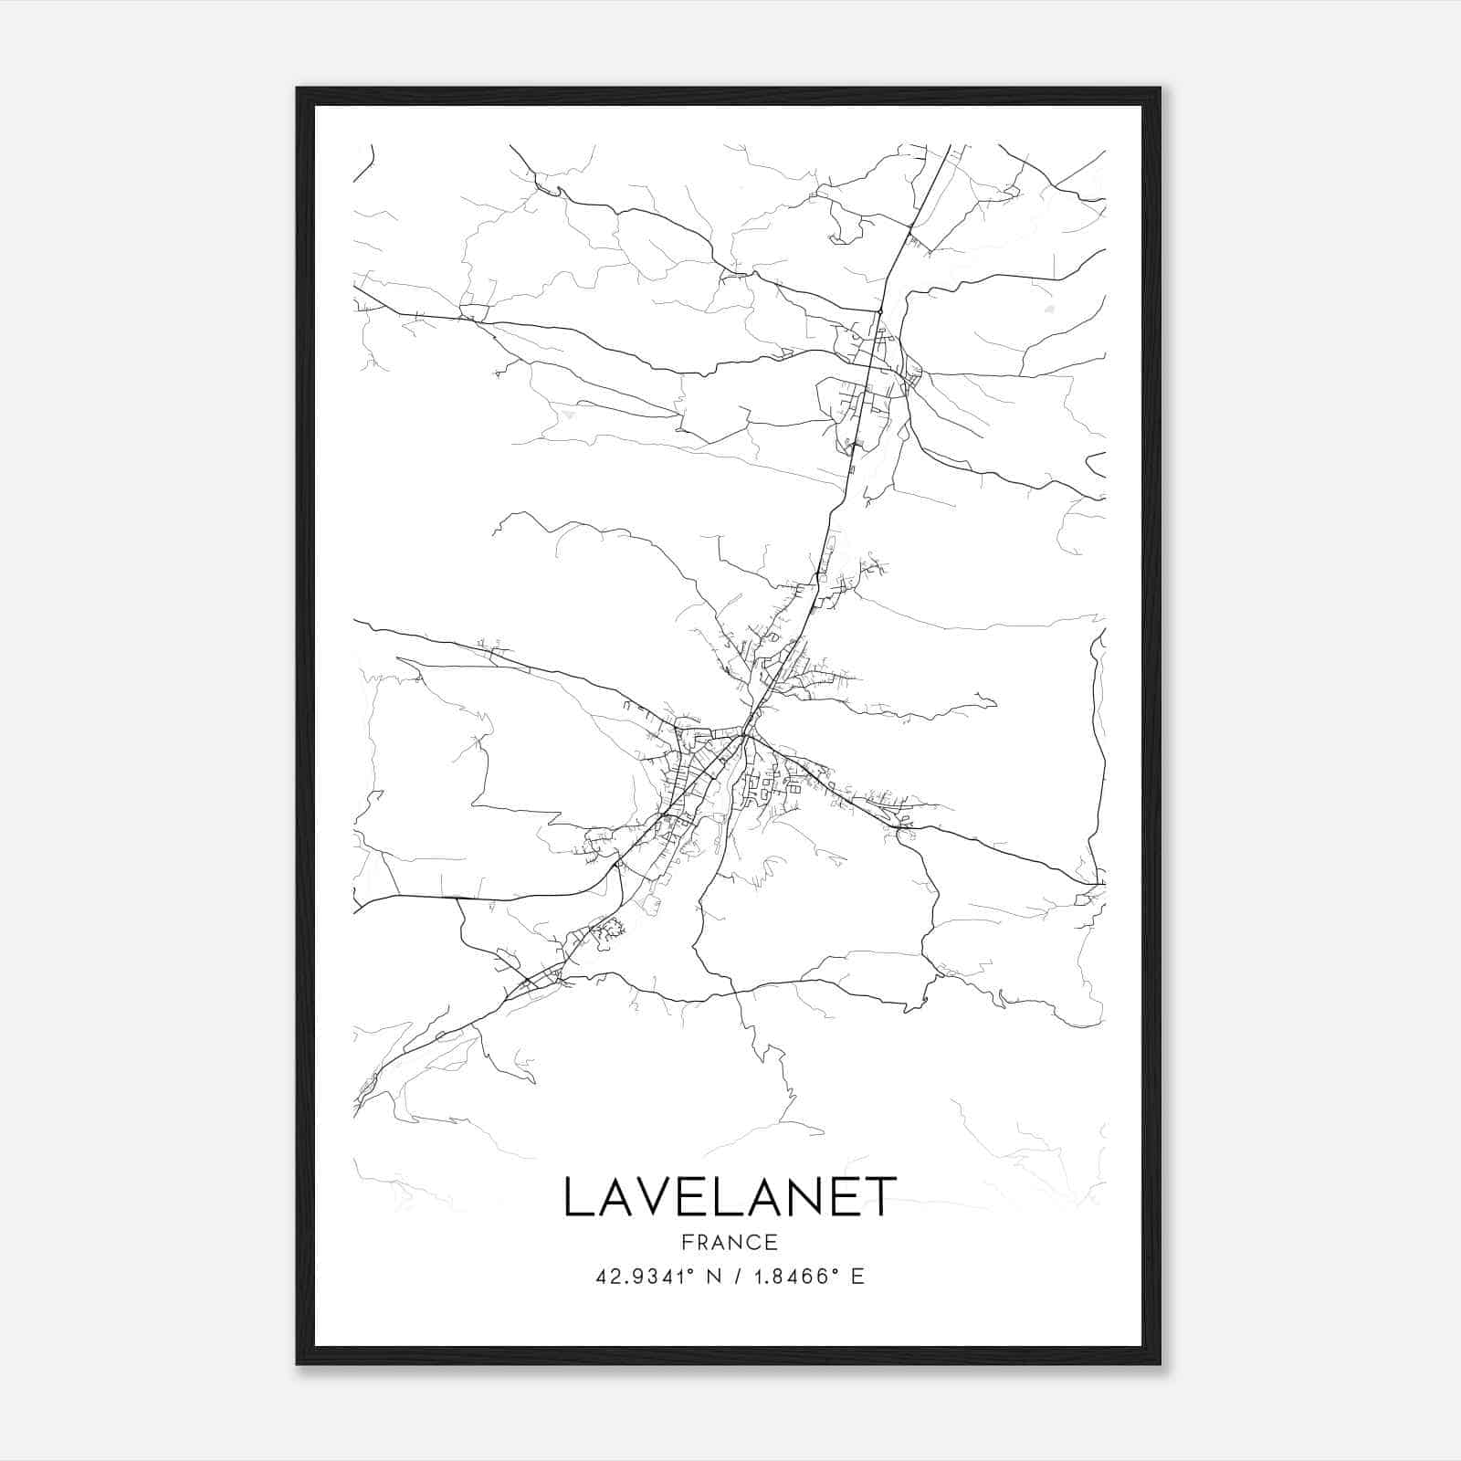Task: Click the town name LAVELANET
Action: (730, 1197)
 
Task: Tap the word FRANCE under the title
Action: (730, 1243)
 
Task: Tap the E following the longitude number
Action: (857, 1277)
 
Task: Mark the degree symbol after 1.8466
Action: (834, 1271)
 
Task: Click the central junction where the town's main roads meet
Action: (746, 733)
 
